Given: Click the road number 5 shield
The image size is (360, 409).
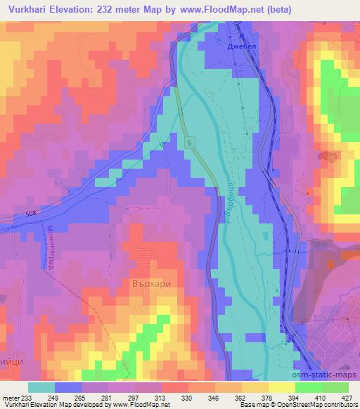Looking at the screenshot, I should coord(191,143).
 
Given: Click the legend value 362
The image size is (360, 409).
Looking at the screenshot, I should coord(243,397).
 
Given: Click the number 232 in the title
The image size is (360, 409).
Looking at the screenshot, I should coord(111,11).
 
